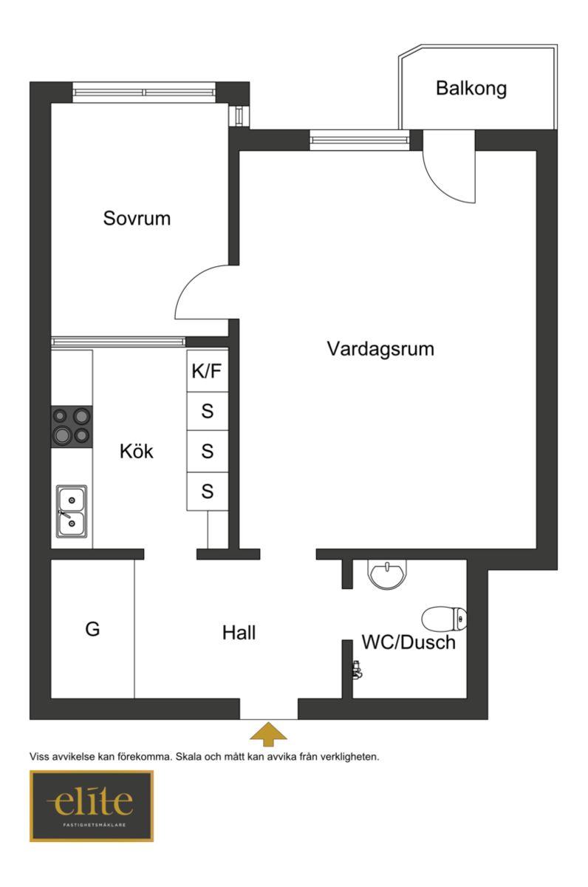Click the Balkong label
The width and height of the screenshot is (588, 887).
tap(471, 89)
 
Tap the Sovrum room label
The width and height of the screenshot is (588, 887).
tap(137, 218)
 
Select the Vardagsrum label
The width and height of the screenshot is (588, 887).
tap(380, 350)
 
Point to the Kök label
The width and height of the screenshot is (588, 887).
tap(137, 451)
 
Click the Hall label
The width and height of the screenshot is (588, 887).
tap(239, 633)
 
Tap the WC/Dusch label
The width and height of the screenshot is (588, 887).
tap(408, 642)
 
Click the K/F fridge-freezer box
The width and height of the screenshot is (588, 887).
tap(208, 371)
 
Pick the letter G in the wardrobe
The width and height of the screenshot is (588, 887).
tap(92, 629)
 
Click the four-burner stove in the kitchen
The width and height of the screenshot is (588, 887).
tap(72, 426)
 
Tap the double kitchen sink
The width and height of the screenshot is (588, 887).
tap(72, 512)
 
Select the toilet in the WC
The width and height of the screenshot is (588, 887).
tap(444, 619)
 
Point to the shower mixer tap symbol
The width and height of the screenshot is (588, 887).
tap(358, 670)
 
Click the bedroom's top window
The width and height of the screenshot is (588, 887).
tap(144, 92)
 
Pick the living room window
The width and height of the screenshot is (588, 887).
tap(359, 140)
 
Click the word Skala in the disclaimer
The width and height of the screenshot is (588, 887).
tap(188, 757)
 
